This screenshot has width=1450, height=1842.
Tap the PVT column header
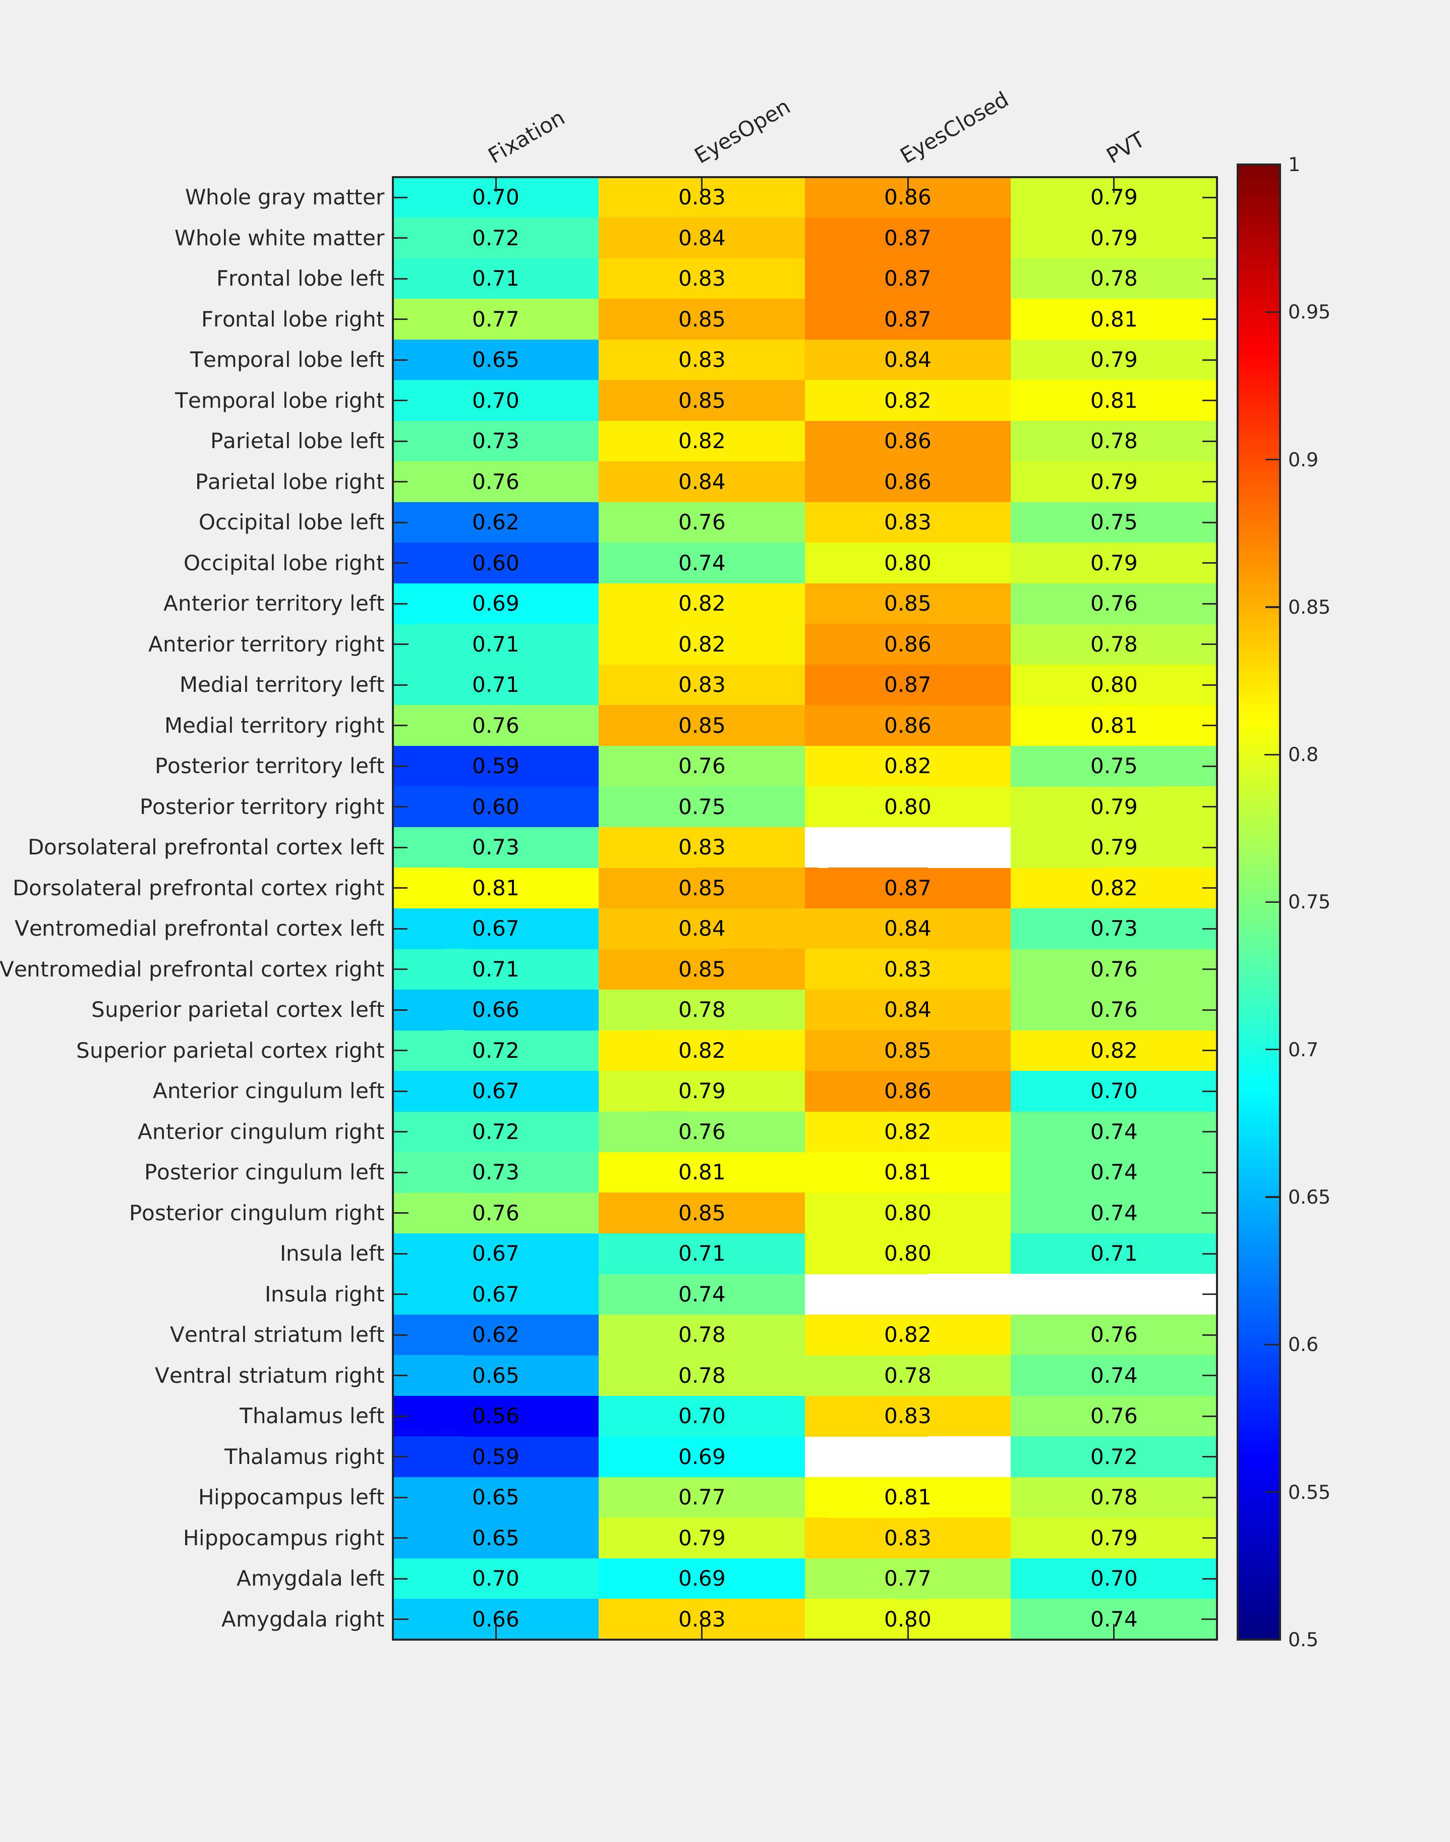[1124, 147]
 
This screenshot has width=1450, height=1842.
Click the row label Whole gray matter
[284, 197]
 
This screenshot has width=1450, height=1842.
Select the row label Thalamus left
[312, 1416]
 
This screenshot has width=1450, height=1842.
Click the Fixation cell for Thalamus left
[496, 1416]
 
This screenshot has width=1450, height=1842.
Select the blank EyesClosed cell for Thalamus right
[907, 1456]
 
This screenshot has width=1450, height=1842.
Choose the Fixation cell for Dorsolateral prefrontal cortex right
[496, 888]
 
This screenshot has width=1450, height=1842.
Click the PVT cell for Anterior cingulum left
[1113, 1091]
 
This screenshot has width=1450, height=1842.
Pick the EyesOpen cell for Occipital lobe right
[701, 563]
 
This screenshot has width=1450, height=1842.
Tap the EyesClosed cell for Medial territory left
[907, 684]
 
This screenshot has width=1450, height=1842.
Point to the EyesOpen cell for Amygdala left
[701, 1578]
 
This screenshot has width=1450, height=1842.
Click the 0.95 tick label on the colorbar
[1308, 312]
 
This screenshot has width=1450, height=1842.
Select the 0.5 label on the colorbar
[1303, 1639]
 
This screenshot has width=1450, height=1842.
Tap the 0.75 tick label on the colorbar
[1308, 902]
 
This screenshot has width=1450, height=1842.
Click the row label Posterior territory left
[269, 766]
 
